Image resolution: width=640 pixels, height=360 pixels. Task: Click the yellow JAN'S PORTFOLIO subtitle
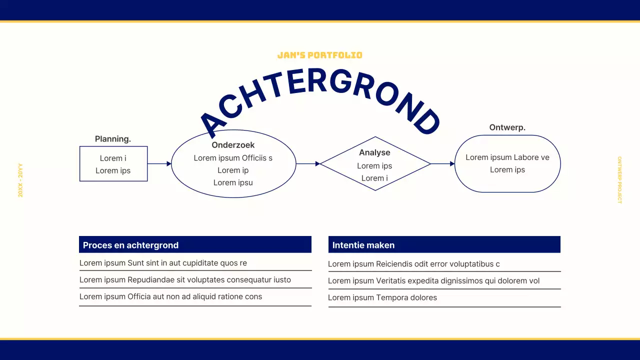point(319,55)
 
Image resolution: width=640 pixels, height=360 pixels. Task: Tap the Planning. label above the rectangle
point(113,139)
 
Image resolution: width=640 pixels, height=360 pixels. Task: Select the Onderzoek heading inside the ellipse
point(233,145)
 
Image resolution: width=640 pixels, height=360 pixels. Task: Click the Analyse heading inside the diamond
point(374,152)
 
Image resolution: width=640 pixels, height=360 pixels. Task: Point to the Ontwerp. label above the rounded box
point(507,127)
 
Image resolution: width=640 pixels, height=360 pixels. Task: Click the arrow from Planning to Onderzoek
point(159,163)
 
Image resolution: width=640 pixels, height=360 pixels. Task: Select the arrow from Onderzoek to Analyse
point(308,163)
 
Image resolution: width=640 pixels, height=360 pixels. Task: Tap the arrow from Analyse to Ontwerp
point(442,163)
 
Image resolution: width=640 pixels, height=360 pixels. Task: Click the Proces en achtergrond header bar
point(195,245)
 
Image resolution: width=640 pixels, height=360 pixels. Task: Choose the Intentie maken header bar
point(444,245)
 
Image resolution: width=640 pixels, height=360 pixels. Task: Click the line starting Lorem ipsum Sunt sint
point(163,263)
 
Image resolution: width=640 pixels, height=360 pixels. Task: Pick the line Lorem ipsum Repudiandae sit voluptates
point(185,280)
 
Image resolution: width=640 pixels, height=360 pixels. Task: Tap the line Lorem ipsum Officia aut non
point(170,296)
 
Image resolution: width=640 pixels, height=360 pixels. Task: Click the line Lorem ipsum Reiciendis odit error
point(413,264)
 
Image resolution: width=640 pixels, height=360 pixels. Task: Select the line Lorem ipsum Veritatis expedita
point(433,281)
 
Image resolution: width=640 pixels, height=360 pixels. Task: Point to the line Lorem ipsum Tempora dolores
point(382,297)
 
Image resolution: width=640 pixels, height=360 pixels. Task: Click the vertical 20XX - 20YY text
point(20,180)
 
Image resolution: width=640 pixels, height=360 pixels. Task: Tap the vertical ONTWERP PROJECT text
point(619,180)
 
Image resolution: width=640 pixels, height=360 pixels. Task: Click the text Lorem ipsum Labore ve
point(507,157)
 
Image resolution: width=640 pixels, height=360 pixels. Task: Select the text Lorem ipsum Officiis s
point(233,158)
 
